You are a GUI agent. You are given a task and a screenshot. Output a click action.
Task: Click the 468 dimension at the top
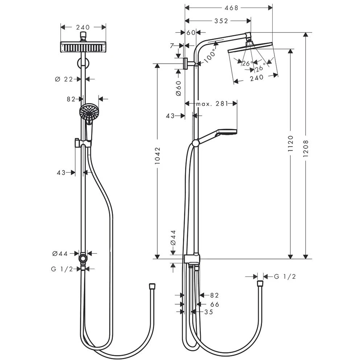tap(231, 8)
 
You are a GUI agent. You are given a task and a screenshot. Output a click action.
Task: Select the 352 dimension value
tap(221, 21)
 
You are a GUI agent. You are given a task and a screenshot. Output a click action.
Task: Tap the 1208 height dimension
tap(306, 148)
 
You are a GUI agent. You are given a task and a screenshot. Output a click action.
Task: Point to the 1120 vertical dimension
tap(290, 143)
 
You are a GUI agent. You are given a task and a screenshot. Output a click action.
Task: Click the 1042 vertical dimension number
tap(158, 156)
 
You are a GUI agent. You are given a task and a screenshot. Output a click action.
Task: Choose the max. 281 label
tap(212, 103)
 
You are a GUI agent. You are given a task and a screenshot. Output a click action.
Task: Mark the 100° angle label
tap(210, 56)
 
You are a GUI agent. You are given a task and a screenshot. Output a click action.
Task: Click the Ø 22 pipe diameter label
tap(64, 79)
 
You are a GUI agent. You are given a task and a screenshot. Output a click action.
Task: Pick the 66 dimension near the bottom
tap(215, 304)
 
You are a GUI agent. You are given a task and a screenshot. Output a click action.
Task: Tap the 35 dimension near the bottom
tap(209, 312)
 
